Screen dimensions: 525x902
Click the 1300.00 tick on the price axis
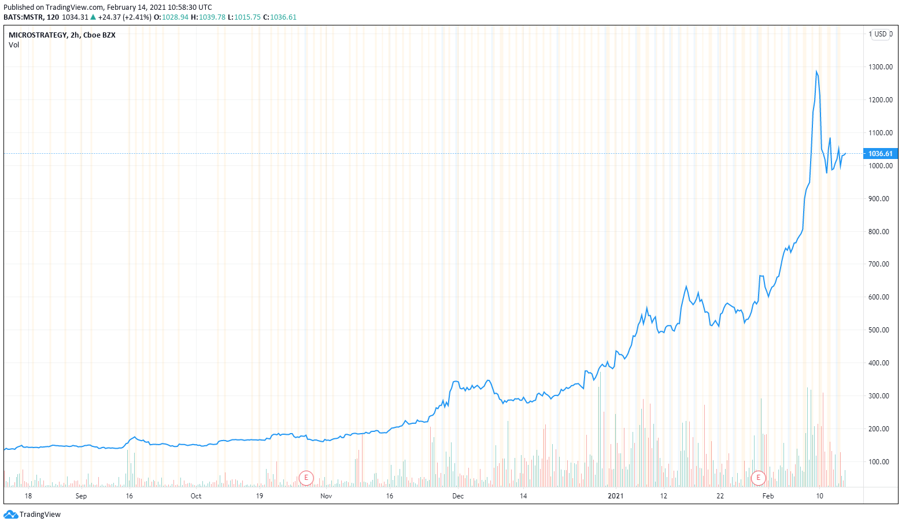(x=880, y=67)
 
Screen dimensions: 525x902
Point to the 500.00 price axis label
(x=878, y=330)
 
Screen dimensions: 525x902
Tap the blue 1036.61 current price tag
(x=880, y=154)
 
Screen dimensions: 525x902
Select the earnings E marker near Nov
(x=306, y=478)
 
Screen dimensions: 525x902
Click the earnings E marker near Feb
(x=758, y=478)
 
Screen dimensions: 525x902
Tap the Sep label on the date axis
(x=81, y=496)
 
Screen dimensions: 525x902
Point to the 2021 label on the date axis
(x=616, y=496)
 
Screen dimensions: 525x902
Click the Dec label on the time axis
(x=458, y=496)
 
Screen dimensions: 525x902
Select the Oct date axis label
(x=196, y=496)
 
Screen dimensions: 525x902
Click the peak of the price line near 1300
(x=816, y=72)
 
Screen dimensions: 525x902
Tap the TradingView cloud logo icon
(x=10, y=515)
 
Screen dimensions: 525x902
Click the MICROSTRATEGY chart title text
(x=38, y=35)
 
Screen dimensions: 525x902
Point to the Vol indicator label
(x=14, y=45)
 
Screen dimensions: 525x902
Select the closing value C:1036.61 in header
(x=280, y=17)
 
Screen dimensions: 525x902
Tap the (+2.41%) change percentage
(x=137, y=17)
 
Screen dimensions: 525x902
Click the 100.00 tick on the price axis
(x=878, y=462)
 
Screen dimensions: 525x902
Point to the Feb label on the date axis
(x=768, y=496)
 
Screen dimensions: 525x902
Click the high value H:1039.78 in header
(x=208, y=17)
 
